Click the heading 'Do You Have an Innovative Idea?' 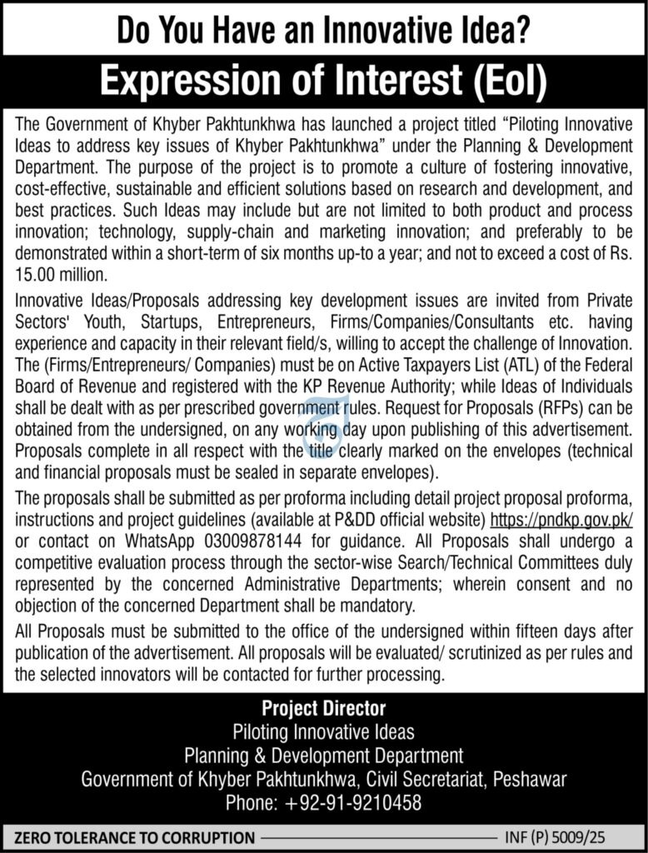(x=323, y=31)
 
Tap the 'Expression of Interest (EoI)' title (x=323, y=82)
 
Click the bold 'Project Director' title (x=323, y=709)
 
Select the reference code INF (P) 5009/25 (x=566, y=836)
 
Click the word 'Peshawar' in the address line (x=530, y=780)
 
